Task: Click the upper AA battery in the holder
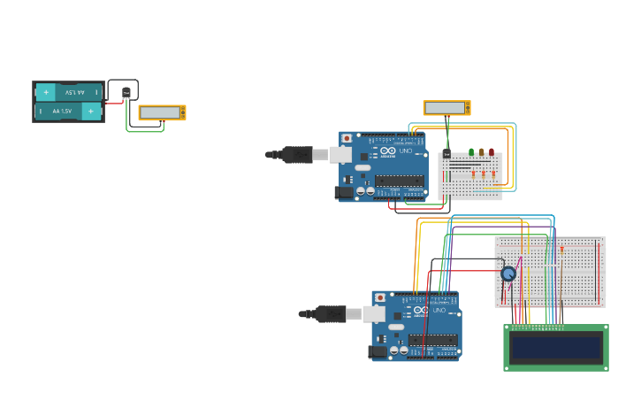click(69, 92)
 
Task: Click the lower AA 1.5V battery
click(69, 112)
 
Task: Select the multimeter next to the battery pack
click(162, 112)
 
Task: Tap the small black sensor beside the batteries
click(126, 92)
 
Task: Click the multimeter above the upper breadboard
click(446, 108)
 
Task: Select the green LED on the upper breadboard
click(471, 152)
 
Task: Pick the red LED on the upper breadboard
click(492, 152)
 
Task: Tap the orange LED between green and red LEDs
click(482, 152)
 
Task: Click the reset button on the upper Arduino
click(347, 138)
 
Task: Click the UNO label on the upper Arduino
click(406, 151)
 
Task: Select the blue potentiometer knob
click(508, 274)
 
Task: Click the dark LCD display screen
click(556, 347)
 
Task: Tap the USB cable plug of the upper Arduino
click(297, 155)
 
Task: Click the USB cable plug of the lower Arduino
click(331, 313)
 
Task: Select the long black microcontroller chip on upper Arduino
click(399, 181)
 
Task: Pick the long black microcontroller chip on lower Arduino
click(432, 340)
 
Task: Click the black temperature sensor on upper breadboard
click(446, 155)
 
